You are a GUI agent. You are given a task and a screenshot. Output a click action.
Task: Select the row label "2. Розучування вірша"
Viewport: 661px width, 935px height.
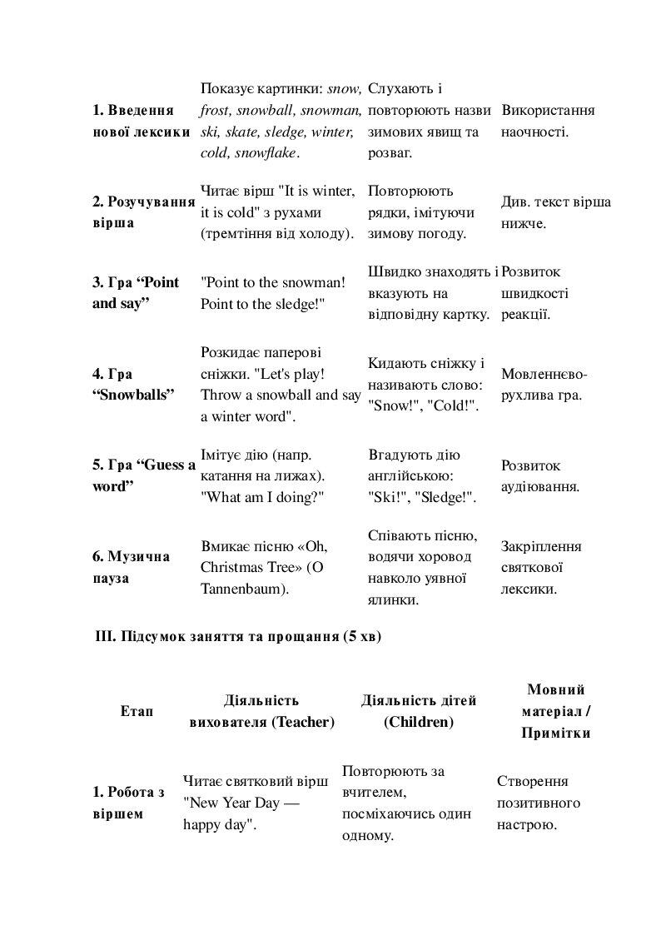(x=143, y=212)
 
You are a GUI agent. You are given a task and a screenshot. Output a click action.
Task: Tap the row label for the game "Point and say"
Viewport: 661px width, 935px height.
(x=135, y=293)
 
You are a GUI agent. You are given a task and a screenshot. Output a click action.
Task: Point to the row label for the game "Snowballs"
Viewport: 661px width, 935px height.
(x=133, y=384)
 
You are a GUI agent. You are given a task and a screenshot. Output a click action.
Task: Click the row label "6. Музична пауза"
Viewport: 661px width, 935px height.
(x=131, y=567)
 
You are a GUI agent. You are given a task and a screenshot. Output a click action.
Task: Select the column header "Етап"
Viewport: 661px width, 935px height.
(x=137, y=712)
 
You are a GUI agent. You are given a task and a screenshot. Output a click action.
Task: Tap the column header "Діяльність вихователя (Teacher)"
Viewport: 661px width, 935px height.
(x=261, y=712)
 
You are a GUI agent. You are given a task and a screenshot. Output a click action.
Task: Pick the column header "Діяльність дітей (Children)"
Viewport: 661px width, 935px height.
(x=419, y=712)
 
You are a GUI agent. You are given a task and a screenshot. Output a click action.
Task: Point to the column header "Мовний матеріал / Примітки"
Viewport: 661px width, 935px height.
(x=556, y=712)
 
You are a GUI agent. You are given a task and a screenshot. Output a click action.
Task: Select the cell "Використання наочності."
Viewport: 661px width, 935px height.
(x=548, y=121)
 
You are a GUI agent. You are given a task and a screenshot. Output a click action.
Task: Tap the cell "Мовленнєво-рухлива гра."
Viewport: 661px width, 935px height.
(x=544, y=384)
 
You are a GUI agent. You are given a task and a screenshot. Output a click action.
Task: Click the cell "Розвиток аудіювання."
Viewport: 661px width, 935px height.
(x=540, y=475)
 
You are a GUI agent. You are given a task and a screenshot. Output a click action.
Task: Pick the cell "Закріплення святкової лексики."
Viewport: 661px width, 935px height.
(x=541, y=567)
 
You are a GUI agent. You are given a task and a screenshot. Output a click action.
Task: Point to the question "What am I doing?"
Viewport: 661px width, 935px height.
(x=262, y=497)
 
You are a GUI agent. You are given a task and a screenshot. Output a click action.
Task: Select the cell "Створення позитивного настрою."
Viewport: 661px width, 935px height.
(x=539, y=803)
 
